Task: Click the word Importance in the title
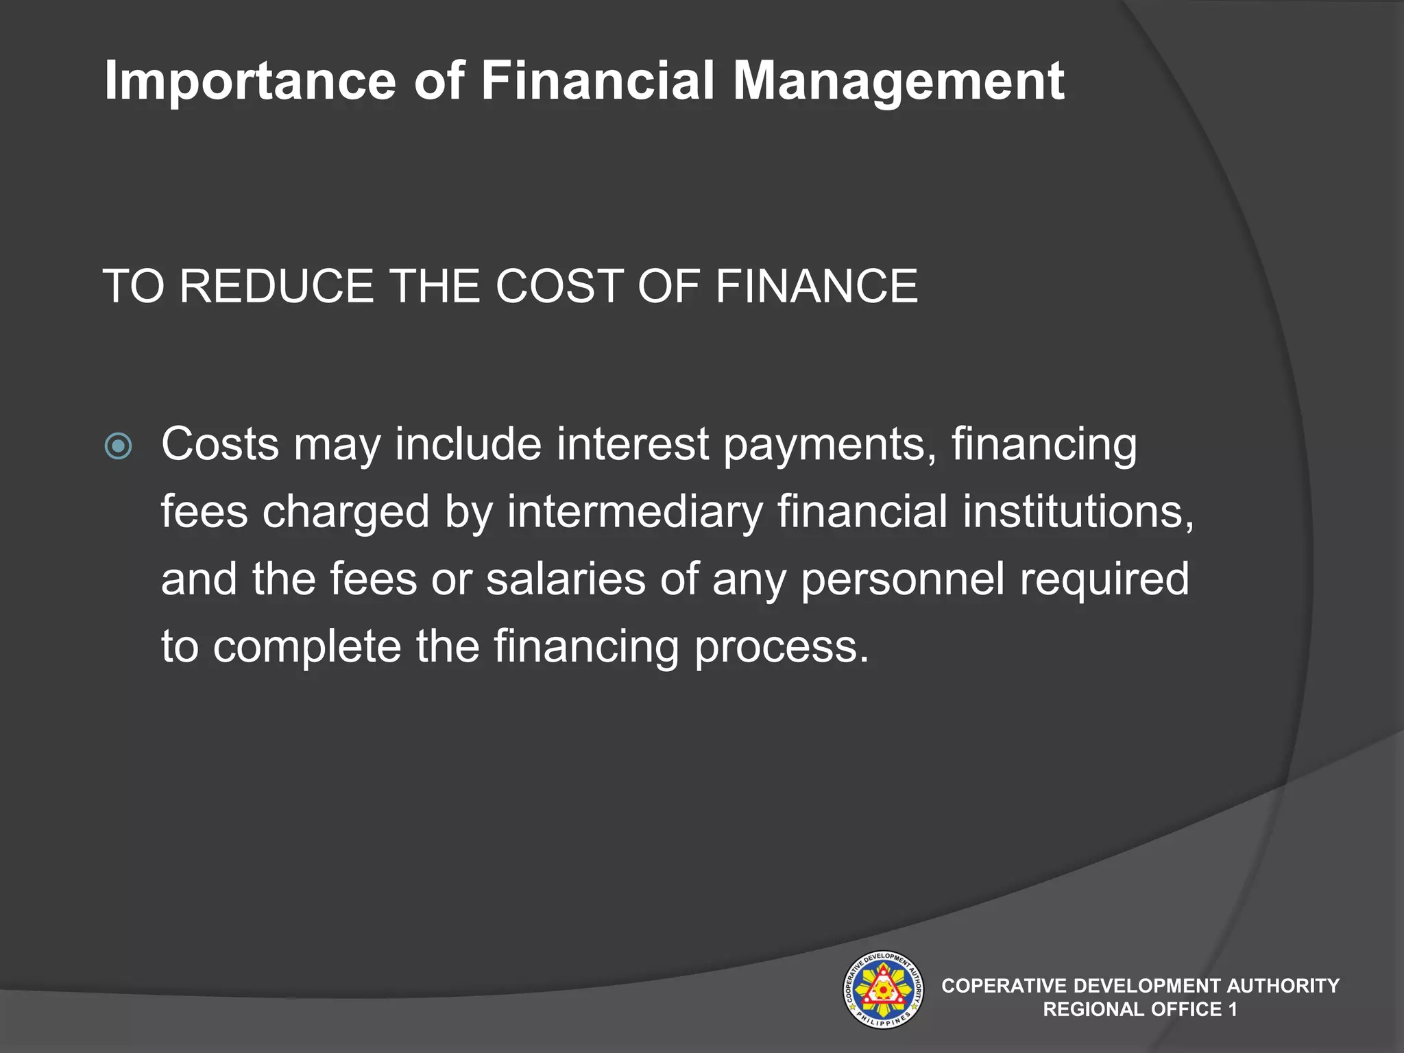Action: click(x=250, y=82)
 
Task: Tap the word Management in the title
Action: click(x=898, y=82)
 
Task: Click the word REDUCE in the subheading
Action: click(x=276, y=286)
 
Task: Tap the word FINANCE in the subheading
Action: click(x=816, y=286)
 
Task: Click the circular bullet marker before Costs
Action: click(x=119, y=447)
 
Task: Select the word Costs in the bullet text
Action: click(x=220, y=444)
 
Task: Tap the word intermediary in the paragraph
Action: click(x=635, y=513)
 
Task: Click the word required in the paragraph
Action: click(x=1104, y=580)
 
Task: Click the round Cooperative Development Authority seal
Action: click(x=882, y=990)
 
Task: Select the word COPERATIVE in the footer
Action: click(x=1004, y=986)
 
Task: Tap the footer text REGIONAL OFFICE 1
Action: click(x=1139, y=1009)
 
